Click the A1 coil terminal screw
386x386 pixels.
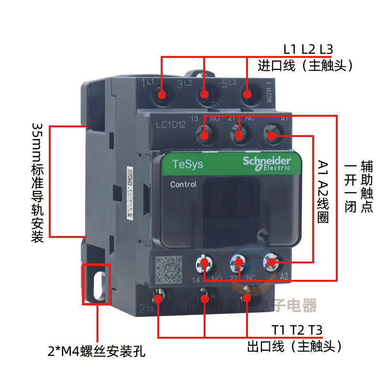pyautogui.click(x=271, y=136)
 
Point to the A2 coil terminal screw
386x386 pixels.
pyautogui.click(x=271, y=262)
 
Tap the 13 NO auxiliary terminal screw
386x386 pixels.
pyautogui.click(x=205, y=136)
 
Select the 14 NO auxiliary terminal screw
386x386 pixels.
pyautogui.click(x=205, y=262)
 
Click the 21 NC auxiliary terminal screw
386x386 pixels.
pyautogui.click(x=238, y=136)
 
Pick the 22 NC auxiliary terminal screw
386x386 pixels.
pyautogui.click(x=238, y=262)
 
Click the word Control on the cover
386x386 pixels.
pyautogui.click(x=183, y=184)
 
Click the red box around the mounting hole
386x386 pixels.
pyautogui.click(x=97, y=284)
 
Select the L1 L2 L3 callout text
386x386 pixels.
pyautogui.click(x=308, y=49)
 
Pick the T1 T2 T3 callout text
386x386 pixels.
pyautogui.click(x=296, y=331)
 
